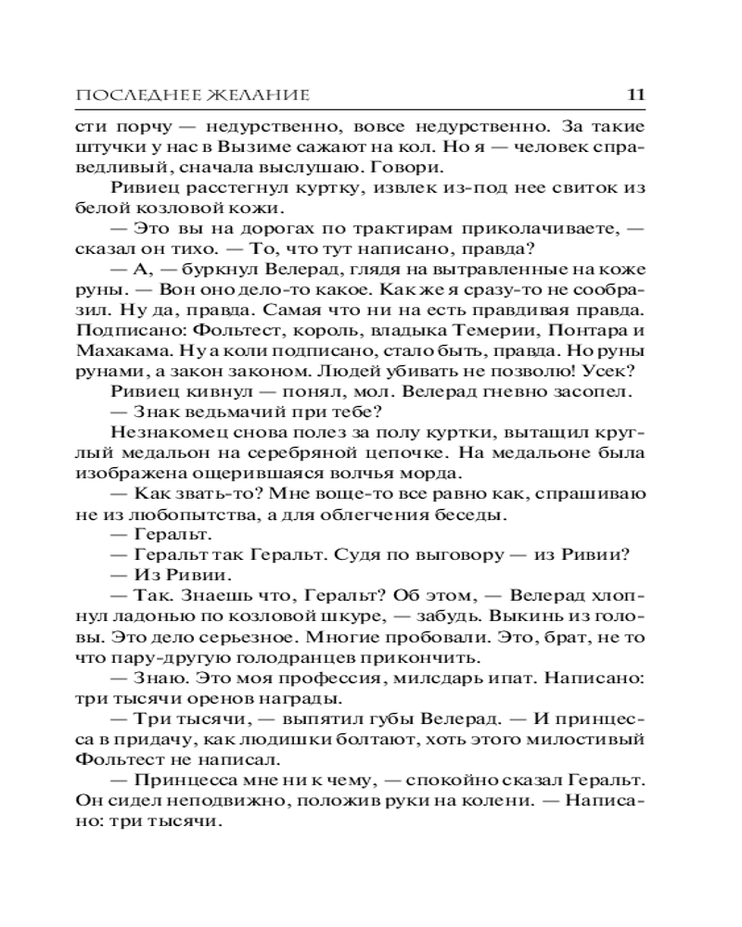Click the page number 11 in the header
click(636, 95)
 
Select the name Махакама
click(131, 349)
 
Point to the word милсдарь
click(444, 679)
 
